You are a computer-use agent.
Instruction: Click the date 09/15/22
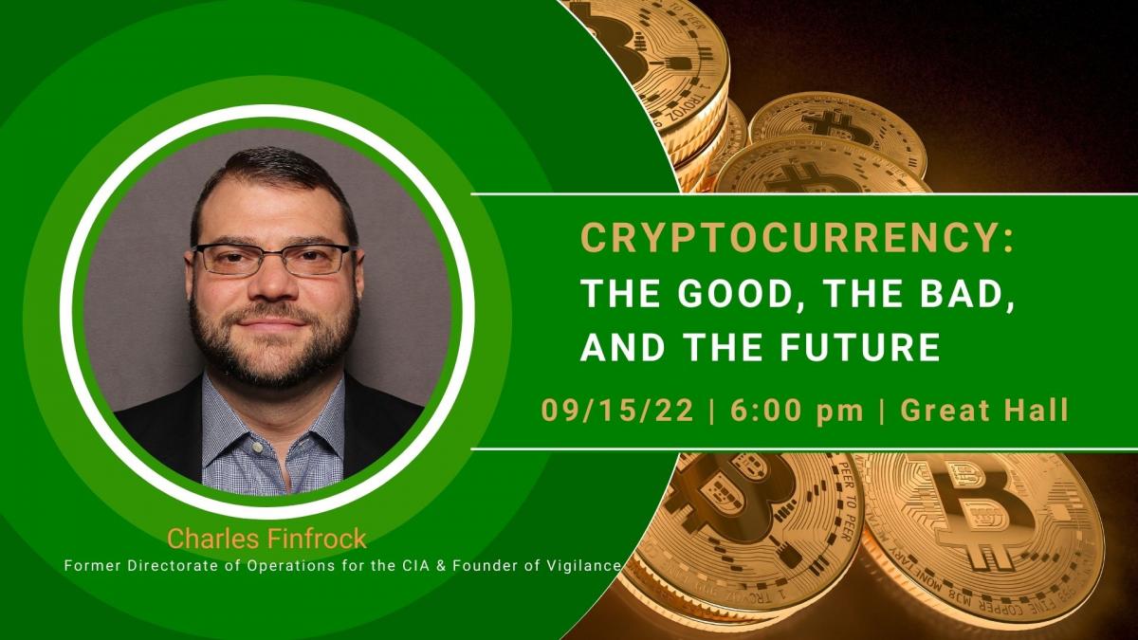click(x=617, y=410)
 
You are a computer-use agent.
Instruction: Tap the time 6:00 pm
click(x=797, y=411)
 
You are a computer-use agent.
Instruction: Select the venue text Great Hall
click(x=984, y=410)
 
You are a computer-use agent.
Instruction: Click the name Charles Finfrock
click(x=266, y=539)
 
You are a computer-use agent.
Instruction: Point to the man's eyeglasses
click(x=272, y=259)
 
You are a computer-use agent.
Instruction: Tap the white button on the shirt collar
click(x=258, y=448)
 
